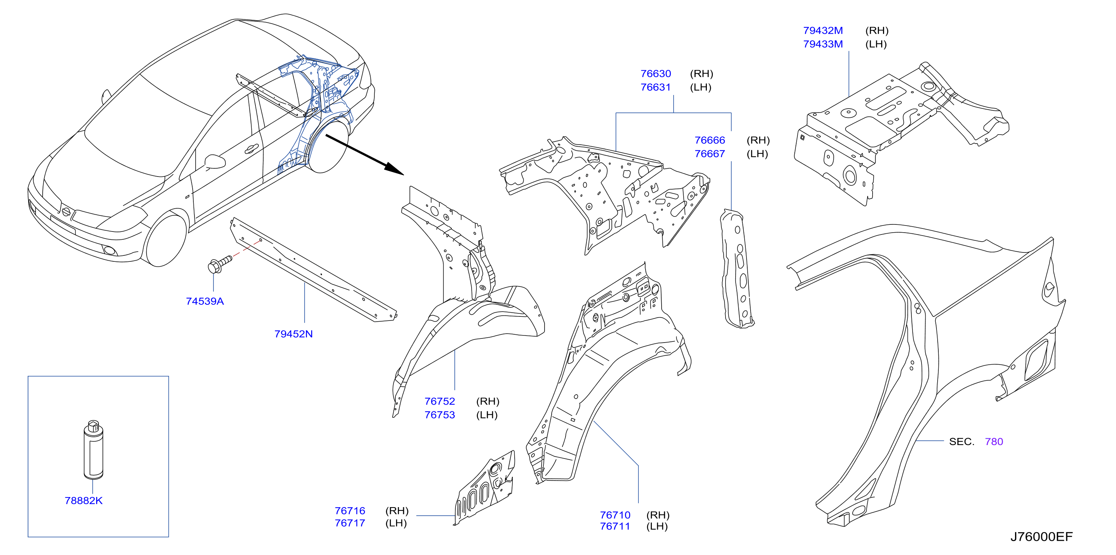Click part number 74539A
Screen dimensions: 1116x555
[205, 301]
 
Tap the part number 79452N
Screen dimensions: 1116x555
[293, 334]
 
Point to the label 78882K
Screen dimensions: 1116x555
[84, 500]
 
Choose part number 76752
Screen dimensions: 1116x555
[440, 401]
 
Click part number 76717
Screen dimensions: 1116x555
[350, 523]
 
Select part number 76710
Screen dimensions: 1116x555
[615, 515]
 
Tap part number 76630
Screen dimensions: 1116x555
[656, 74]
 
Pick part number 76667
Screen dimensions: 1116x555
[709, 154]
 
